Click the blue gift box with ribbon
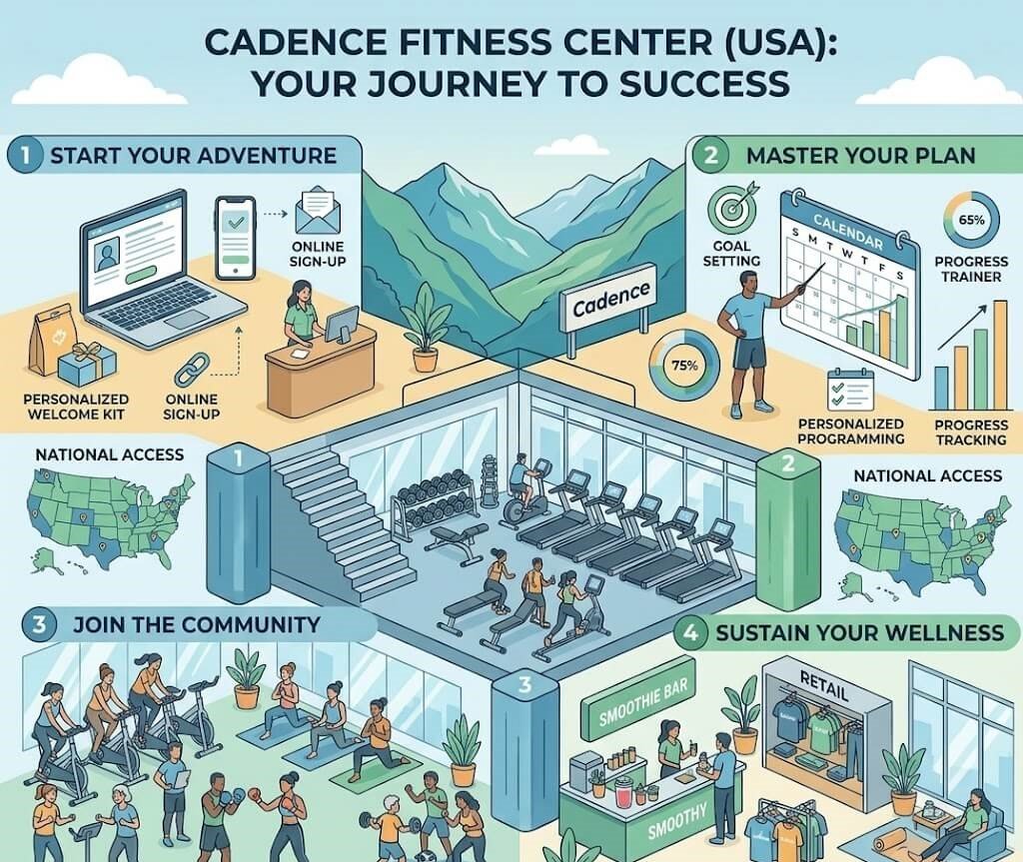87,364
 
